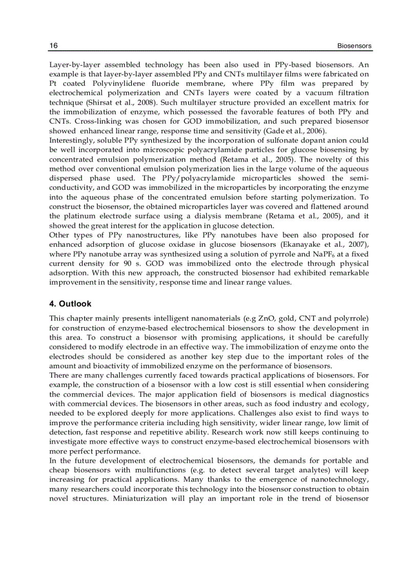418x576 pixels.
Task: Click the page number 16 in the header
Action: (x=53, y=46)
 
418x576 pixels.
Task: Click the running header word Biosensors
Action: (x=354, y=46)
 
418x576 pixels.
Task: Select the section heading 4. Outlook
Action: (x=70, y=304)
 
